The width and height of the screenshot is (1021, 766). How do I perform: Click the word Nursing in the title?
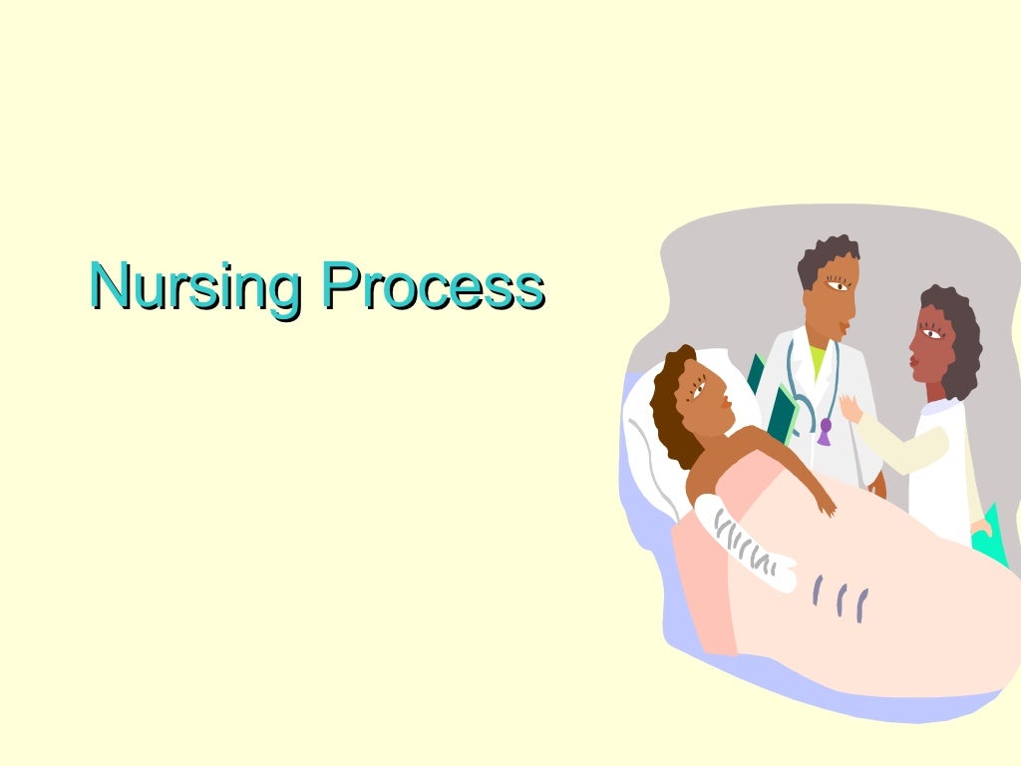point(195,286)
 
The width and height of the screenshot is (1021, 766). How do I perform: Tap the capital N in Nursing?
point(110,284)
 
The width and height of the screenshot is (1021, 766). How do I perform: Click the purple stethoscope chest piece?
point(825,431)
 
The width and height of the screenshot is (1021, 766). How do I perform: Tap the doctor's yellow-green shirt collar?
point(818,360)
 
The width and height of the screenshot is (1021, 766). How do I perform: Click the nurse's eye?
point(932,334)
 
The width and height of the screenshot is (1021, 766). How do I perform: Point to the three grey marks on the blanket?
point(840,598)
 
